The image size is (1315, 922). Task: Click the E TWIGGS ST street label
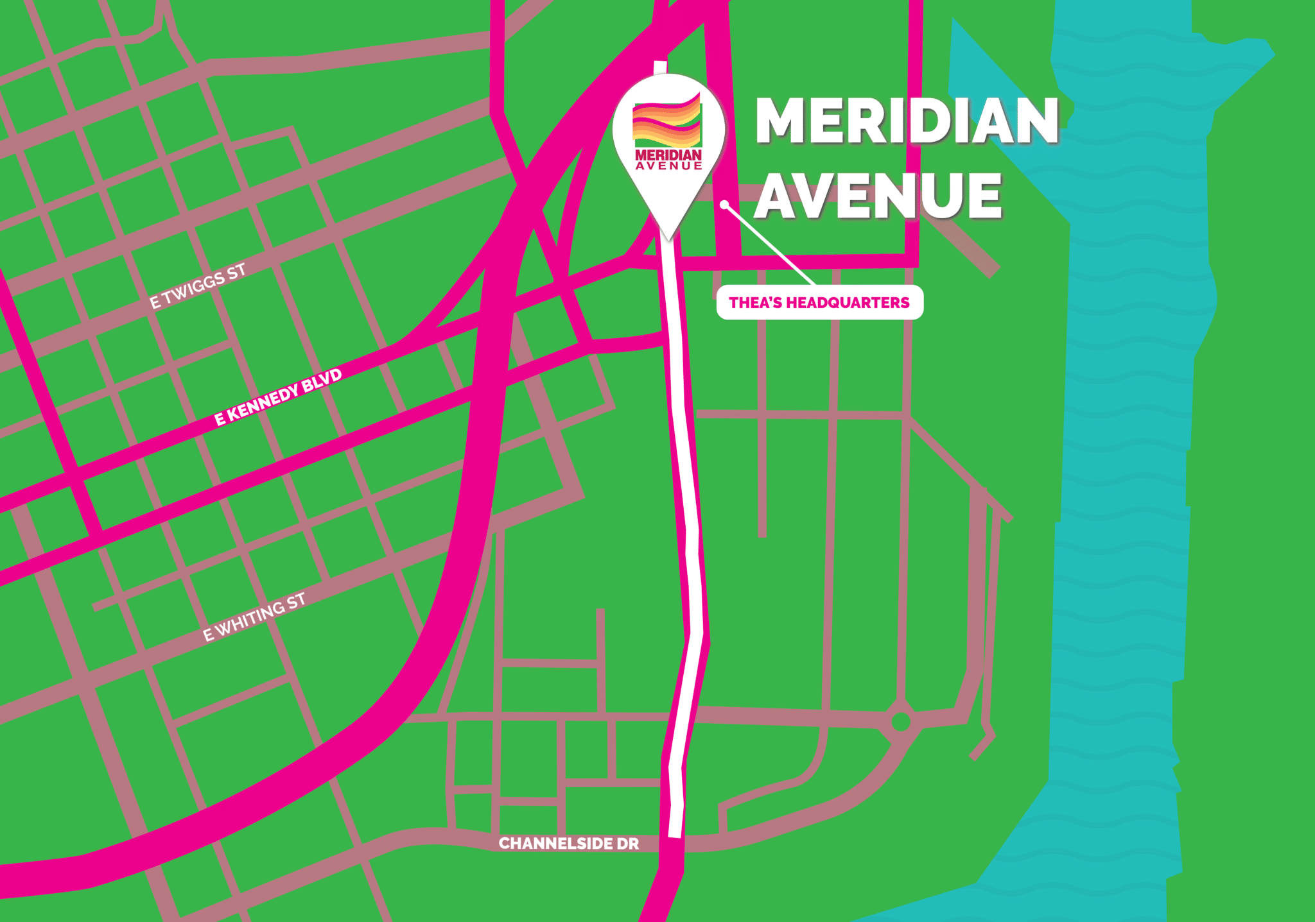pos(198,286)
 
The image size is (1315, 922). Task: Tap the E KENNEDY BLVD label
pos(277,398)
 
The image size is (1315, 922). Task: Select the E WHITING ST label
pos(254,617)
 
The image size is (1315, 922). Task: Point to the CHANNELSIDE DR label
pos(569,844)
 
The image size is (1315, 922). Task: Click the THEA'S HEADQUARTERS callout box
pos(819,302)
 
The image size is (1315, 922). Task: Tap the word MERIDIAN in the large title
pos(906,121)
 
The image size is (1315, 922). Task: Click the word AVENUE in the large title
pos(877,196)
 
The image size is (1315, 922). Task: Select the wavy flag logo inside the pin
pos(667,122)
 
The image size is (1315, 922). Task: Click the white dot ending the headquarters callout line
pos(724,205)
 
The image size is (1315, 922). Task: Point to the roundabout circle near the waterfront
pos(900,721)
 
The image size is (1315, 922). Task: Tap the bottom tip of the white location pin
pos(669,239)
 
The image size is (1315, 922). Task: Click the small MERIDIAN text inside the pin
pos(668,155)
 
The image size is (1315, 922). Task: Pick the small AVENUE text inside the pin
pos(668,166)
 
